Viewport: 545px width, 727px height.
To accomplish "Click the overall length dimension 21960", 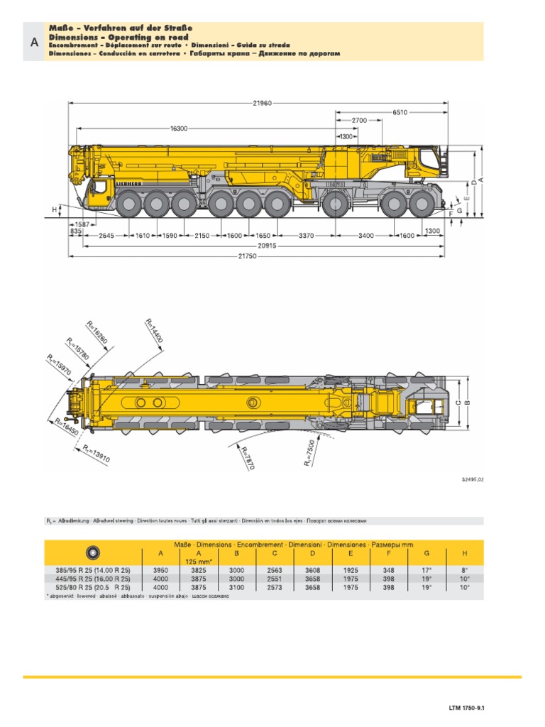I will pos(261,103).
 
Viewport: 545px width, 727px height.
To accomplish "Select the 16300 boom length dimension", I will pos(179,129).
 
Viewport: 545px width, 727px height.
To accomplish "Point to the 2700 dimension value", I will pos(359,121).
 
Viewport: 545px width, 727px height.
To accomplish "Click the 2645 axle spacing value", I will pos(106,235).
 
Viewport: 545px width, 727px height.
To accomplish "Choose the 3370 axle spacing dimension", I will pos(306,235).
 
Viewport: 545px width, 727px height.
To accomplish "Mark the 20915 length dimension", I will pos(266,245).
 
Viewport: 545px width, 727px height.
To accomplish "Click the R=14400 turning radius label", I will pos(154,331).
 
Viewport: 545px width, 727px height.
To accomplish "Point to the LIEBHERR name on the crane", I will pos(128,184).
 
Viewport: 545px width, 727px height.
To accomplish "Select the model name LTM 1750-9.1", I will pos(470,708).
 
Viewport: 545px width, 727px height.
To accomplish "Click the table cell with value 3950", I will pos(161,569).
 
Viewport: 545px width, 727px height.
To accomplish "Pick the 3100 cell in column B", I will pos(237,587).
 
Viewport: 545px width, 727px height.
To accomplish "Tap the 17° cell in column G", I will pos(427,569).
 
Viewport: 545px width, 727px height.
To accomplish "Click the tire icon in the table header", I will pos(92,551).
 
